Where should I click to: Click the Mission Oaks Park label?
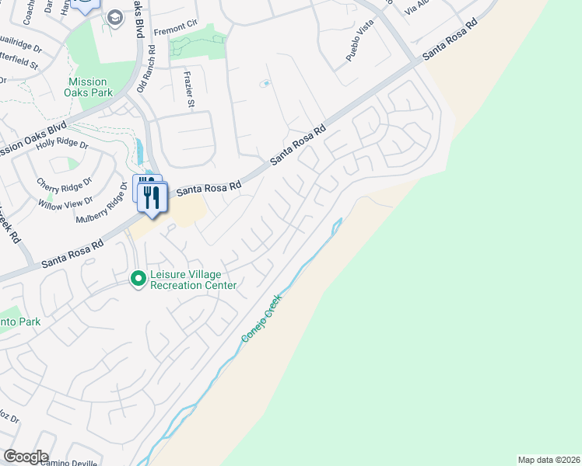[87, 87]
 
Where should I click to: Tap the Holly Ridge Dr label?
[63, 144]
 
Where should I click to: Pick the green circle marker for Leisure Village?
[138, 277]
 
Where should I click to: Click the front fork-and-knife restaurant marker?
[152, 197]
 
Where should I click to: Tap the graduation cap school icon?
[115, 18]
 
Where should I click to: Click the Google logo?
[26, 457]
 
